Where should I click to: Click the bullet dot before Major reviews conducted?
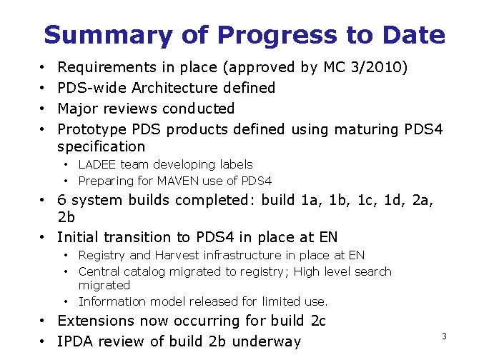[43, 109]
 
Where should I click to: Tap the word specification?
[101, 146]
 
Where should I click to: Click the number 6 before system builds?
[62, 200]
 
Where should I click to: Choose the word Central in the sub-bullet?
[99, 271]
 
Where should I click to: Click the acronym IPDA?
[76, 341]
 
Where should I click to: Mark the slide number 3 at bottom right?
[444, 336]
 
